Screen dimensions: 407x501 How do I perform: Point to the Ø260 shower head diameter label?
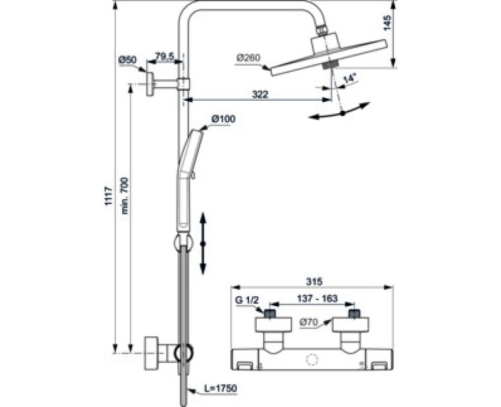248,58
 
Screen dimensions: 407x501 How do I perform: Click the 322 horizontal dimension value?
260,94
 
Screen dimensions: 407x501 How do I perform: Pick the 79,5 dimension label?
164,58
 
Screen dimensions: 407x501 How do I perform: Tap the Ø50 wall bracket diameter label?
127,60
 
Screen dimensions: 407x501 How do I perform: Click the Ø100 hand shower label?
223,119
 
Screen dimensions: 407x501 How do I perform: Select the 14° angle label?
349,79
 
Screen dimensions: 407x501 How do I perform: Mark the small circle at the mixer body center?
310,359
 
